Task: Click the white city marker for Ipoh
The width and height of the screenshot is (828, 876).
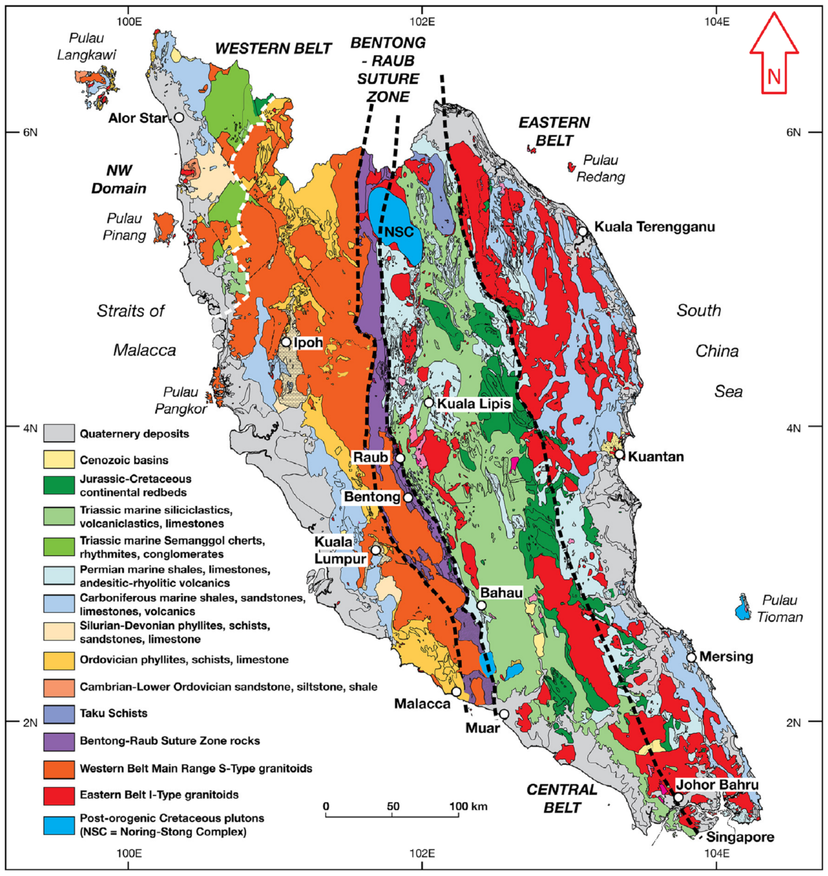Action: [286, 342]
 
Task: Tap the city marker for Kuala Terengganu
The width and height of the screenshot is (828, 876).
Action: [583, 231]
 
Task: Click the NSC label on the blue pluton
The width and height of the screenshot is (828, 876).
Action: [398, 231]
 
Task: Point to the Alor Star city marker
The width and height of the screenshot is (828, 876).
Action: [179, 118]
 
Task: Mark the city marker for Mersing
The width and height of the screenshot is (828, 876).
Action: [691, 657]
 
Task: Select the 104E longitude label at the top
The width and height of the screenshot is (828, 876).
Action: [716, 21]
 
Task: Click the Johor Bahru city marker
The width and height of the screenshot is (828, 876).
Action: [678, 798]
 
